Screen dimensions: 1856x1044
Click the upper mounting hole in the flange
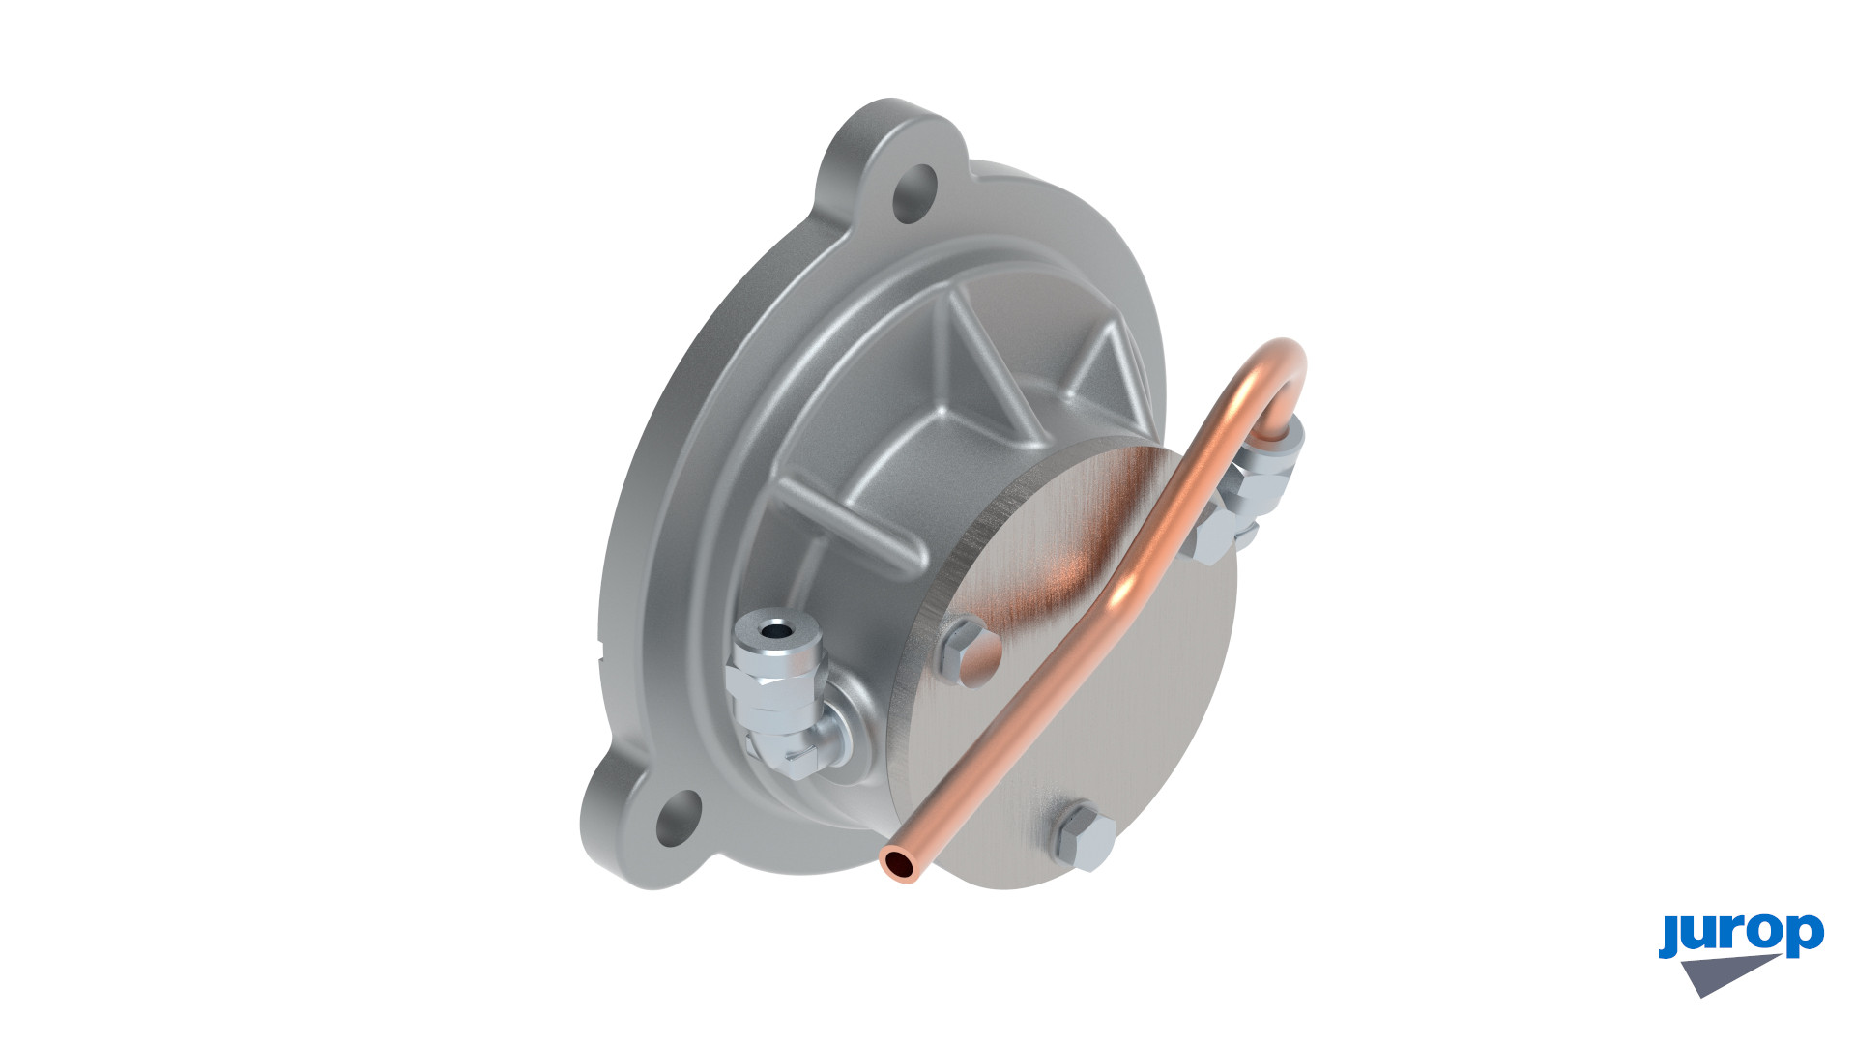[914, 194]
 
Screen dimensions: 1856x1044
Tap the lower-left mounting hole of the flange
[678, 818]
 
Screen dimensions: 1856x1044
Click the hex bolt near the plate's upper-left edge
[968, 651]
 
